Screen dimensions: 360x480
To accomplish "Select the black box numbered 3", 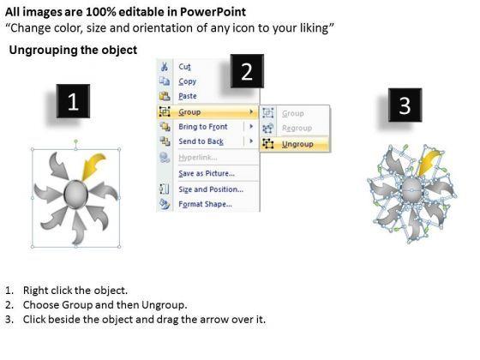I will [405, 106].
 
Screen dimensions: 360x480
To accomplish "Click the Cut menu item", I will [184, 65].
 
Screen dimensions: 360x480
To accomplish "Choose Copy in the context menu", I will [187, 81].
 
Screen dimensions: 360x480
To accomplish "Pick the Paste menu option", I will [188, 96].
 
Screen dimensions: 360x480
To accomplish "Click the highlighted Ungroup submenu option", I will [296, 144].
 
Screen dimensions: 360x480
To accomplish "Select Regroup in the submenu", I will [297, 129].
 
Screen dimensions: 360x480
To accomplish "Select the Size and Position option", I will [209, 189].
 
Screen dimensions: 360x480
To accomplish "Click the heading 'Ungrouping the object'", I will [73, 51].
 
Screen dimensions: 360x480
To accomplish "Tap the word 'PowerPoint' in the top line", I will [213, 12].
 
